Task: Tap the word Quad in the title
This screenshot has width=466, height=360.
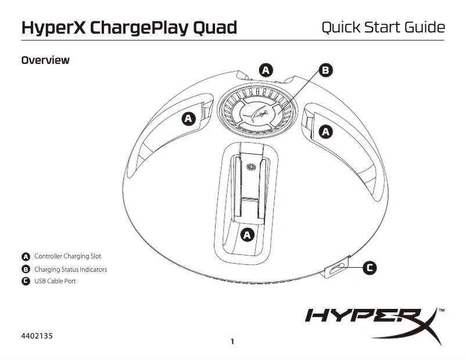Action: pos(216,27)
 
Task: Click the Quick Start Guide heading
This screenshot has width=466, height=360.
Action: pos(383,27)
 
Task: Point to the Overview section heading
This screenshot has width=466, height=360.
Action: pos(45,60)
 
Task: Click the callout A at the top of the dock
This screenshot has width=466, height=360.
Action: pos(266,70)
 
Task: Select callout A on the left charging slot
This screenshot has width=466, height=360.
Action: pos(188,119)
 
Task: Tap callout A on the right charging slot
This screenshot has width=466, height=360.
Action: pos(327,132)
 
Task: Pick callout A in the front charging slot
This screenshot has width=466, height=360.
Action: pos(248,235)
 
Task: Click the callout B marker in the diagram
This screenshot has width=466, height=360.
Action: pos(327,70)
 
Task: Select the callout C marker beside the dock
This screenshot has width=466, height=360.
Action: pos(370,268)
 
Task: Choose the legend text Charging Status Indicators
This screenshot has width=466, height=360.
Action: pos(70,269)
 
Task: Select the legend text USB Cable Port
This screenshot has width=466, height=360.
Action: pos(55,281)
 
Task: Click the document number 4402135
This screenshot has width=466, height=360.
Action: pos(37,336)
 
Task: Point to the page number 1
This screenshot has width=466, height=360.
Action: pos(232,341)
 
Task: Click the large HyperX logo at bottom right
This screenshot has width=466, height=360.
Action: pos(372,323)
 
